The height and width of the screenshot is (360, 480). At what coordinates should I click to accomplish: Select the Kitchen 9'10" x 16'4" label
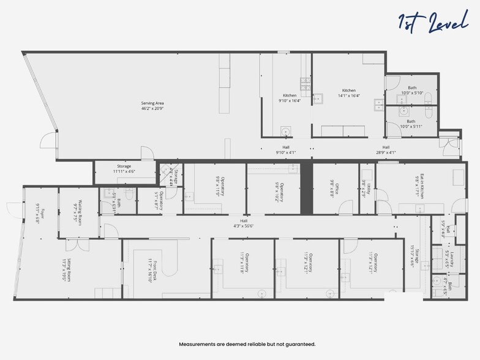tap(290, 98)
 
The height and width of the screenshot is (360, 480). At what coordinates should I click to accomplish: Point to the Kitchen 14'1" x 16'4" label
tap(349, 93)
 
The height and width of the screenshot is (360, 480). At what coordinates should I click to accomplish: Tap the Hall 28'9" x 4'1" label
tap(386, 149)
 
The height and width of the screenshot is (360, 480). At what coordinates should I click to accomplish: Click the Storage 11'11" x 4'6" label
tap(124, 169)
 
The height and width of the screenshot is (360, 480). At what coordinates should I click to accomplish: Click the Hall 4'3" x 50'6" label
tap(244, 223)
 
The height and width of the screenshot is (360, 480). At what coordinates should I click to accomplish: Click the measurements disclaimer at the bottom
tap(247, 344)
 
